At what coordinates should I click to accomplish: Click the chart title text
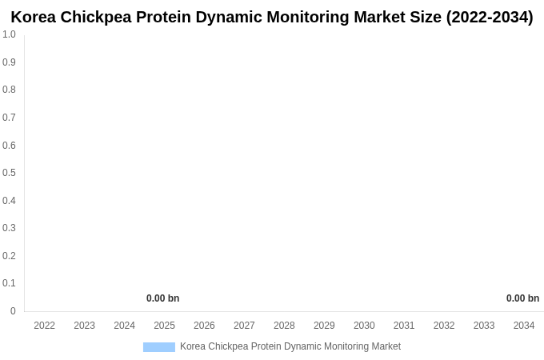click(x=272, y=17)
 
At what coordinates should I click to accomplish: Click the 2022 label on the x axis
click(x=45, y=326)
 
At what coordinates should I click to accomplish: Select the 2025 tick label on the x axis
click(x=164, y=326)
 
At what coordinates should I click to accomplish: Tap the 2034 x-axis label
click(x=524, y=326)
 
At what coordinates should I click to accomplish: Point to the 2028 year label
click(x=284, y=326)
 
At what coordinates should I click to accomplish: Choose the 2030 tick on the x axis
click(x=364, y=326)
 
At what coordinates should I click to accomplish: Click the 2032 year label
click(x=444, y=326)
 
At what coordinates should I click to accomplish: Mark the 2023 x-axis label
click(x=85, y=326)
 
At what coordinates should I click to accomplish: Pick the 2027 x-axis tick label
click(x=244, y=326)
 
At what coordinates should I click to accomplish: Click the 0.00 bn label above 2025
click(x=162, y=298)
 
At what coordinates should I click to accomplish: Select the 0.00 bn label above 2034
click(x=522, y=298)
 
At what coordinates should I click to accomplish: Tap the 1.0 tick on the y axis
click(x=9, y=34)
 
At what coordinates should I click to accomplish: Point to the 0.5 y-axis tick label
click(x=9, y=173)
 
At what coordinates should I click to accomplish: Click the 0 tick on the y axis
click(x=13, y=311)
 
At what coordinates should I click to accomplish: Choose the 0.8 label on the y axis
click(x=9, y=90)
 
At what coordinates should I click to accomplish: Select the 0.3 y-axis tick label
click(x=9, y=228)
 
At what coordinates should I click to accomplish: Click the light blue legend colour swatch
click(x=158, y=347)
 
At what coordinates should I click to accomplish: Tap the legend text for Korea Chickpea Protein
click(x=290, y=346)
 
